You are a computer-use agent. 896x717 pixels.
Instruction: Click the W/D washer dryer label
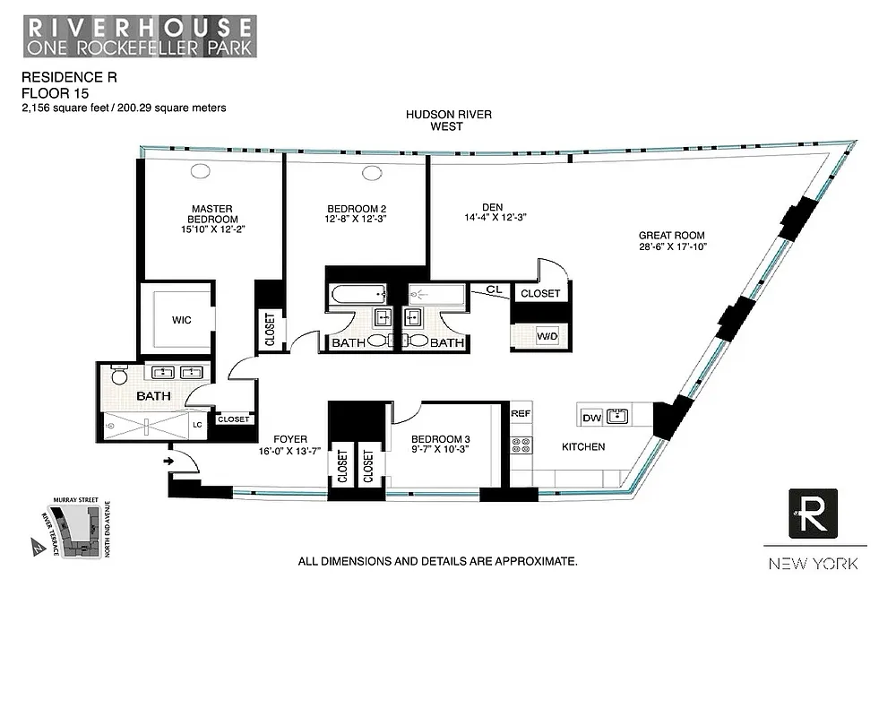click(x=547, y=337)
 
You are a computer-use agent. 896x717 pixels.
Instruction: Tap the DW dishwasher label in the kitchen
click(x=592, y=417)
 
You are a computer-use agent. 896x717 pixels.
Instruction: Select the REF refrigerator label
click(x=521, y=414)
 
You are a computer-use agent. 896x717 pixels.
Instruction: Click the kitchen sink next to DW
click(x=616, y=416)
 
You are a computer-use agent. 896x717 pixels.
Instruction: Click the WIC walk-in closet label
click(x=181, y=320)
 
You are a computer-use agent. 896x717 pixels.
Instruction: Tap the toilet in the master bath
click(x=119, y=376)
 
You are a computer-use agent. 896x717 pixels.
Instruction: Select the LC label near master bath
click(x=197, y=424)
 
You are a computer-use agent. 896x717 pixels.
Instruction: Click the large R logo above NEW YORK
click(x=813, y=514)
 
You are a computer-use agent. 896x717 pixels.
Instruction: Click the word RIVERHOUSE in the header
click(x=139, y=23)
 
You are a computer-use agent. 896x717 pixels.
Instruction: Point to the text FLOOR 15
click(x=51, y=92)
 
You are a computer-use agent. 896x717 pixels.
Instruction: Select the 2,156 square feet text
click(x=67, y=108)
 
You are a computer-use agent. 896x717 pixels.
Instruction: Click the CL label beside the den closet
click(x=494, y=289)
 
